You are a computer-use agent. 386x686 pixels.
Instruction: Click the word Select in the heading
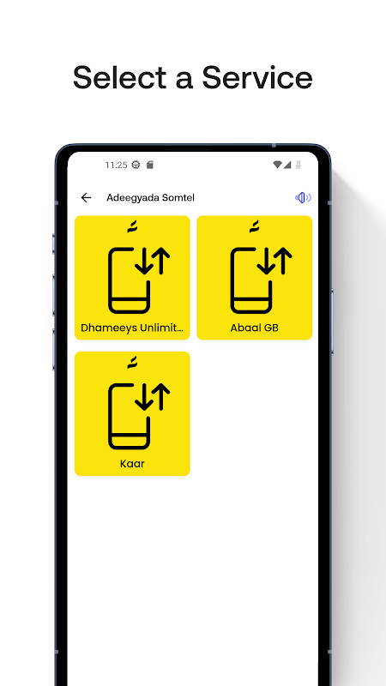[119, 77]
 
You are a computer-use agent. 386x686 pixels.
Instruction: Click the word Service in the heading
[256, 77]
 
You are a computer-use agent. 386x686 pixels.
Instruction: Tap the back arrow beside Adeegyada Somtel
[87, 198]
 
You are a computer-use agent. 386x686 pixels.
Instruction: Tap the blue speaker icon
[303, 198]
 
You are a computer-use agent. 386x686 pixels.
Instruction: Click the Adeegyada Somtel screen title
[151, 198]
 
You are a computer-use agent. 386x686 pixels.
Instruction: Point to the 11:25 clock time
[116, 165]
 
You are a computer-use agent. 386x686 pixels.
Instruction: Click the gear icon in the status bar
[136, 165]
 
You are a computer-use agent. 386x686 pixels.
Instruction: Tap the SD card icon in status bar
[149, 165]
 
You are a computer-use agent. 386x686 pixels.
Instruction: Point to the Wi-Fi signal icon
[277, 165]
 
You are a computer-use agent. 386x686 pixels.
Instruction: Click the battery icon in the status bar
[299, 165]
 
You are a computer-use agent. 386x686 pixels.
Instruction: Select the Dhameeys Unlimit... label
[132, 328]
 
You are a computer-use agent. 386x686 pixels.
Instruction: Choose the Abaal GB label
[254, 328]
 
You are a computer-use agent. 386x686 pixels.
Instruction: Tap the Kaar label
[132, 464]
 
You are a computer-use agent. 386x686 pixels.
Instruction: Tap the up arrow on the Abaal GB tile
[283, 261]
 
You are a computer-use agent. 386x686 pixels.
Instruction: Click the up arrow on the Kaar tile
[161, 396]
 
